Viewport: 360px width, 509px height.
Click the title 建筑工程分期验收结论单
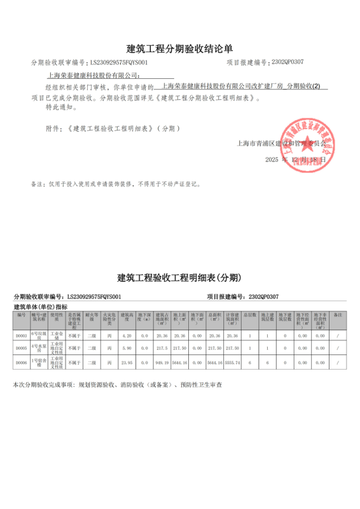(x=180, y=48)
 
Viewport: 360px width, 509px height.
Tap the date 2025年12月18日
(x=296, y=160)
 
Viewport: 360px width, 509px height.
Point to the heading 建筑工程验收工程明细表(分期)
(x=180, y=278)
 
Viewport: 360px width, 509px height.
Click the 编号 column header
(x=21, y=315)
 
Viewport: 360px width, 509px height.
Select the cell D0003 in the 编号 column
(x=21, y=335)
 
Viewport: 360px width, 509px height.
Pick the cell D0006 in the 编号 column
(x=21, y=362)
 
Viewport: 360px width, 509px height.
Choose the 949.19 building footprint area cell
(x=161, y=362)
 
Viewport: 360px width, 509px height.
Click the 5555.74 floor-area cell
(x=233, y=362)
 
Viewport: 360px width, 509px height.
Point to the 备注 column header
(x=338, y=315)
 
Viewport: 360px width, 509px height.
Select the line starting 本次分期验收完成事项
(x=118, y=386)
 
